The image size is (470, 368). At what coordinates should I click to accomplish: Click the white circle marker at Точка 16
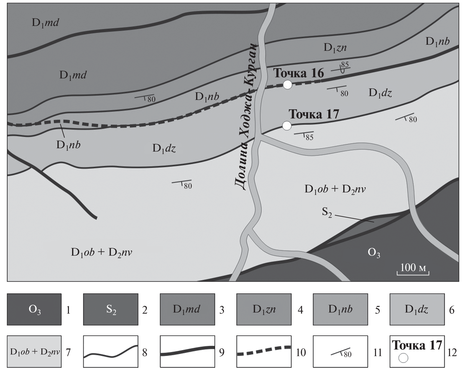[287, 85]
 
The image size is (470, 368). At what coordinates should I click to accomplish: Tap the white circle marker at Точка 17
[287, 126]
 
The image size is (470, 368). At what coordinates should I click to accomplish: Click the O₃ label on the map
[374, 253]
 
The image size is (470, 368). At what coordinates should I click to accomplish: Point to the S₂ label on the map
[327, 213]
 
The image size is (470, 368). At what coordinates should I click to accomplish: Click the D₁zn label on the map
[335, 48]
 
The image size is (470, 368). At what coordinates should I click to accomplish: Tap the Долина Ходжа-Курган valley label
[247, 116]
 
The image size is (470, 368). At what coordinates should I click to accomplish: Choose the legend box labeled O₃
[34, 309]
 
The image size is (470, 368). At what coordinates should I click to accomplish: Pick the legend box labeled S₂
[111, 309]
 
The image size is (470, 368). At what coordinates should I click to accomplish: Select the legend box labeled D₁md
[187, 309]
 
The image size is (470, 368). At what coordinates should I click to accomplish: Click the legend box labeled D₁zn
[264, 309]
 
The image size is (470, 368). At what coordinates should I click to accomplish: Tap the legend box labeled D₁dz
[417, 309]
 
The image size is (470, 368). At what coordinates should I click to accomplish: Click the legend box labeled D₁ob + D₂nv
[34, 351]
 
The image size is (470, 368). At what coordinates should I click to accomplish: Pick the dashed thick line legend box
[264, 351]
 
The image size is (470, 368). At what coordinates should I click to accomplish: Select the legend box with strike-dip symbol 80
[340, 351]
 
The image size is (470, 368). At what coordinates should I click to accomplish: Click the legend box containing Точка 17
[417, 351]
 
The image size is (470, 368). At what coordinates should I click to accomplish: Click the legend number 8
[145, 353]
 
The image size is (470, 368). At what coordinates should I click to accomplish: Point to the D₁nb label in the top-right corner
[437, 41]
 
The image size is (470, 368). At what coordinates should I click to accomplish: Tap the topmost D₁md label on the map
[45, 23]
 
